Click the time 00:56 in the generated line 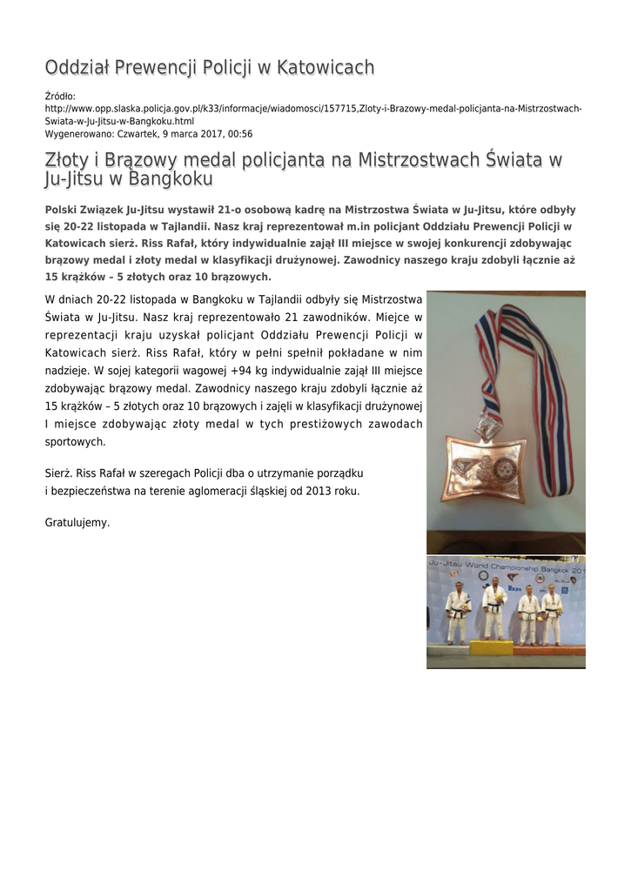point(238,134)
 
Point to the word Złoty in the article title point(69,160)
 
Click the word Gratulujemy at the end point(77,523)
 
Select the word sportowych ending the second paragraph point(75,441)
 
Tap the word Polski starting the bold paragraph point(62,210)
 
